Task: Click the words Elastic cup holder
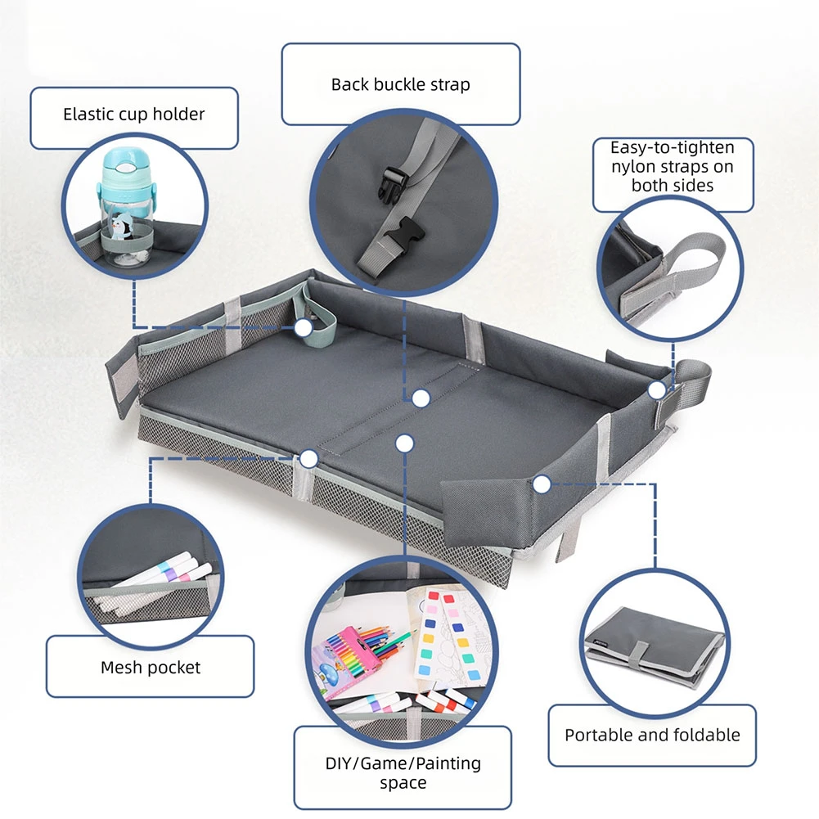tap(133, 114)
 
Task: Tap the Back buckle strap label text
tap(400, 84)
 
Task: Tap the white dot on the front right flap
tap(541, 484)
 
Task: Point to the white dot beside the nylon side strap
tap(657, 390)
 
